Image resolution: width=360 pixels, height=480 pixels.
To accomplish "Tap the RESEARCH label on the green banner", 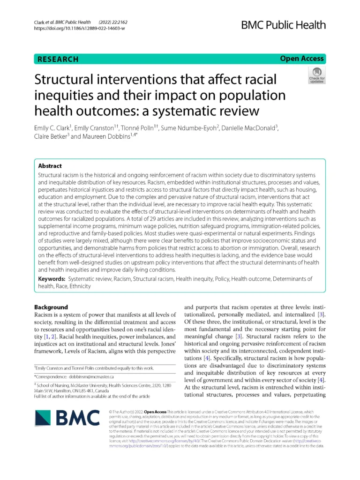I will tap(58, 60).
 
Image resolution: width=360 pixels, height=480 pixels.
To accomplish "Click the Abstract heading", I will tap(50, 165).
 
